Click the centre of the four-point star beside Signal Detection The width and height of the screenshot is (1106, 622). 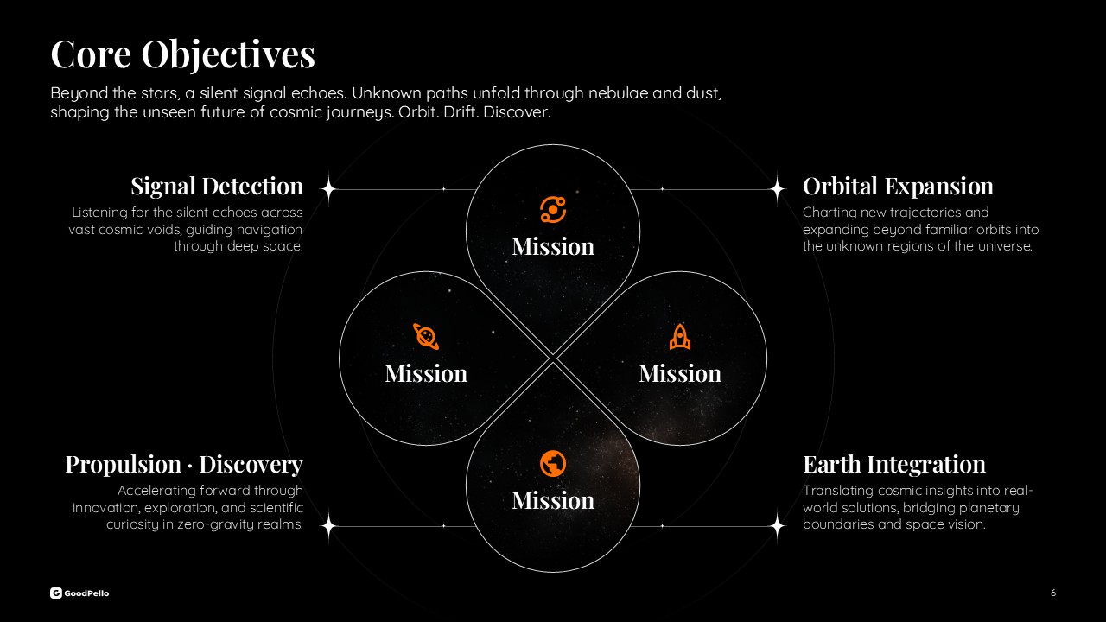[329, 189]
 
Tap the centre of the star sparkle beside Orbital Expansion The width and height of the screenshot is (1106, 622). [778, 189]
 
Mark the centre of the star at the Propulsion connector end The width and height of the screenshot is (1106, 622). [329, 526]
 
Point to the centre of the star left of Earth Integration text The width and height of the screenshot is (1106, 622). [778, 526]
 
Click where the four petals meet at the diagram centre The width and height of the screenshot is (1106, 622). [553, 359]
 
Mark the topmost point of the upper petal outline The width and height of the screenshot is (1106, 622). [553, 144]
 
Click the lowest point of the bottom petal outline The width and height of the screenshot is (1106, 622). [553, 572]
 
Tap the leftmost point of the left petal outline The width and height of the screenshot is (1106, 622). [340, 359]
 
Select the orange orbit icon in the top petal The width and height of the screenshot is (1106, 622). [553, 210]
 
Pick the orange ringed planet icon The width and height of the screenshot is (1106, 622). [426, 337]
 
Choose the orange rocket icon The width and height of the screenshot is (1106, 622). [680, 337]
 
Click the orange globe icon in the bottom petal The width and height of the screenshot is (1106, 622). [553, 464]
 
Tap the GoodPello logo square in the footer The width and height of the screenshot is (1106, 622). [56, 593]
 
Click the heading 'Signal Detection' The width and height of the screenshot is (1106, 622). [217, 187]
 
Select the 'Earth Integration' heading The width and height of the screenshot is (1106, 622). [894, 465]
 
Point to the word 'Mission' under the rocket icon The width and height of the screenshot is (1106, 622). [680, 374]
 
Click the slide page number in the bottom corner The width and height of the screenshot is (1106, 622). [1053, 593]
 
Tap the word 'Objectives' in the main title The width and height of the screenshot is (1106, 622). [228, 55]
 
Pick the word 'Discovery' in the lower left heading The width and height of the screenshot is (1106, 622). [251, 465]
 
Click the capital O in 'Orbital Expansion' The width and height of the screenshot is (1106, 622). [812, 187]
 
